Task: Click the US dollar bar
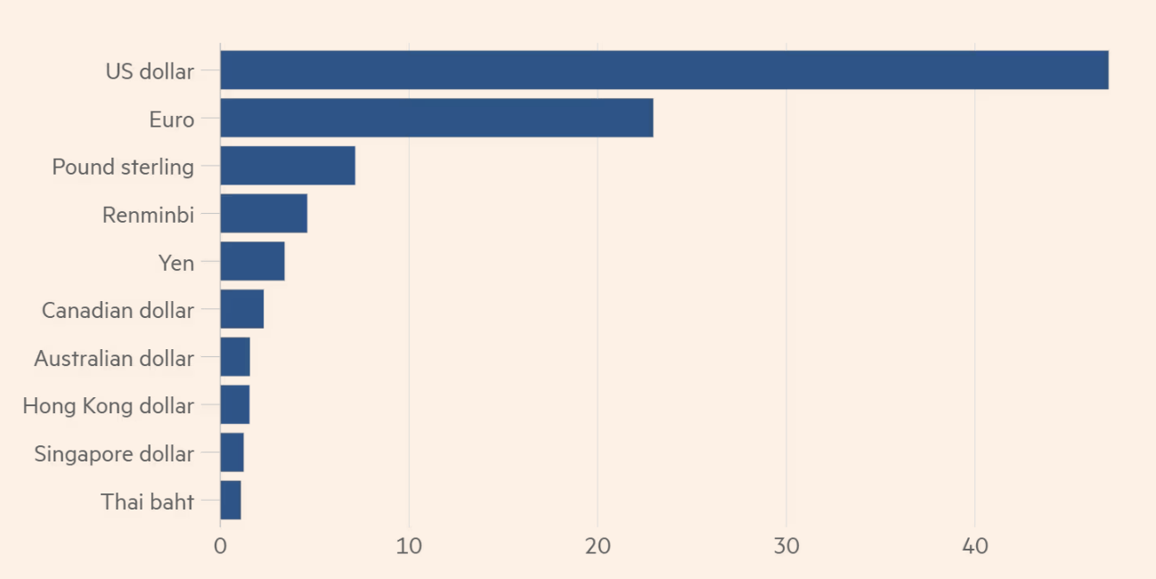[x=663, y=70]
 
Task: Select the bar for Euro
[x=436, y=118]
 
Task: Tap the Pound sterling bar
[x=288, y=166]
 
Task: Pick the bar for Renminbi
[x=264, y=214]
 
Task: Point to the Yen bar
[x=252, y=262]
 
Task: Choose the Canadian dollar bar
[x=241, y=309]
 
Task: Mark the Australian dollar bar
[x=235, y=357]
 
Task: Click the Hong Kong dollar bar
[x=234, y=405]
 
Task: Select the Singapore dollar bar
[x=232, y=453]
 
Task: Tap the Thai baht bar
[x=231, y=501]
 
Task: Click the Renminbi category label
[x=148, y=215]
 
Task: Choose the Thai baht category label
[x=147, y=502]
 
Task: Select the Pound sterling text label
[x=123, y=167]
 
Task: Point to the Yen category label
[x=175, y=263]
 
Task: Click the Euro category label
[x=171, y=119]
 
